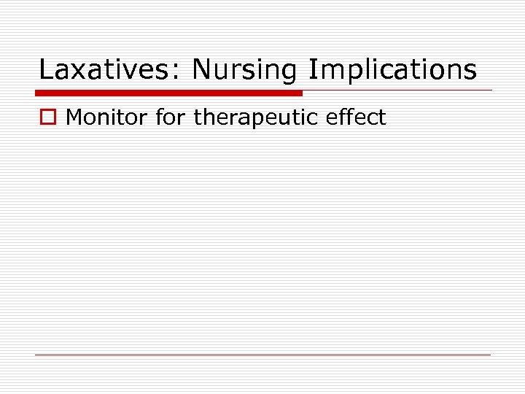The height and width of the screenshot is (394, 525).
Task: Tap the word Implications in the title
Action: coord(392,70)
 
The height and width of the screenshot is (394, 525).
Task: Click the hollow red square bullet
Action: coord(48,117)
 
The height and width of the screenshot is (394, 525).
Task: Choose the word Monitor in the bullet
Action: coord(107,117)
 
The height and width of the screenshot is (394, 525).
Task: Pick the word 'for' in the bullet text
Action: coord(171,117)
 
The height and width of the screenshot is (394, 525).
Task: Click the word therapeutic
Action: coord(257,117)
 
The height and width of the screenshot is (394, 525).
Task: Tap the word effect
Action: coord(356,117)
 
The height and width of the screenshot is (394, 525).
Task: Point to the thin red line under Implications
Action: coord(397,90)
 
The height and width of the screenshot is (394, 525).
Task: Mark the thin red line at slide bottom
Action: coord(262,355)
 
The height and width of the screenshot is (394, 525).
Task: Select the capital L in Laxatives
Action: coord(45,70)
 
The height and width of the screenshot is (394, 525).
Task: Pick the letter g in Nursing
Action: coord(288,73)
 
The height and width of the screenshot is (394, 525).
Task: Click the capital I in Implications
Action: coord(312,70)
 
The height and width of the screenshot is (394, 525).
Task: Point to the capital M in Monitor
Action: coord(74,117)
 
